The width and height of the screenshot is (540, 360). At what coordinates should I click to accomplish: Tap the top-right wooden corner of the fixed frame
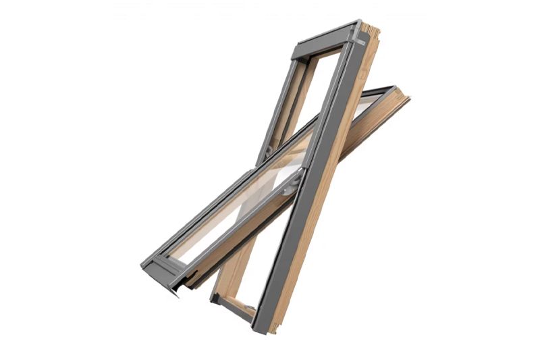pyautogui.click(x=370, y=30)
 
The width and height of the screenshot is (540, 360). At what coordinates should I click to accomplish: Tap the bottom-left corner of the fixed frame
pyautogui.click(x=215, y=298)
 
